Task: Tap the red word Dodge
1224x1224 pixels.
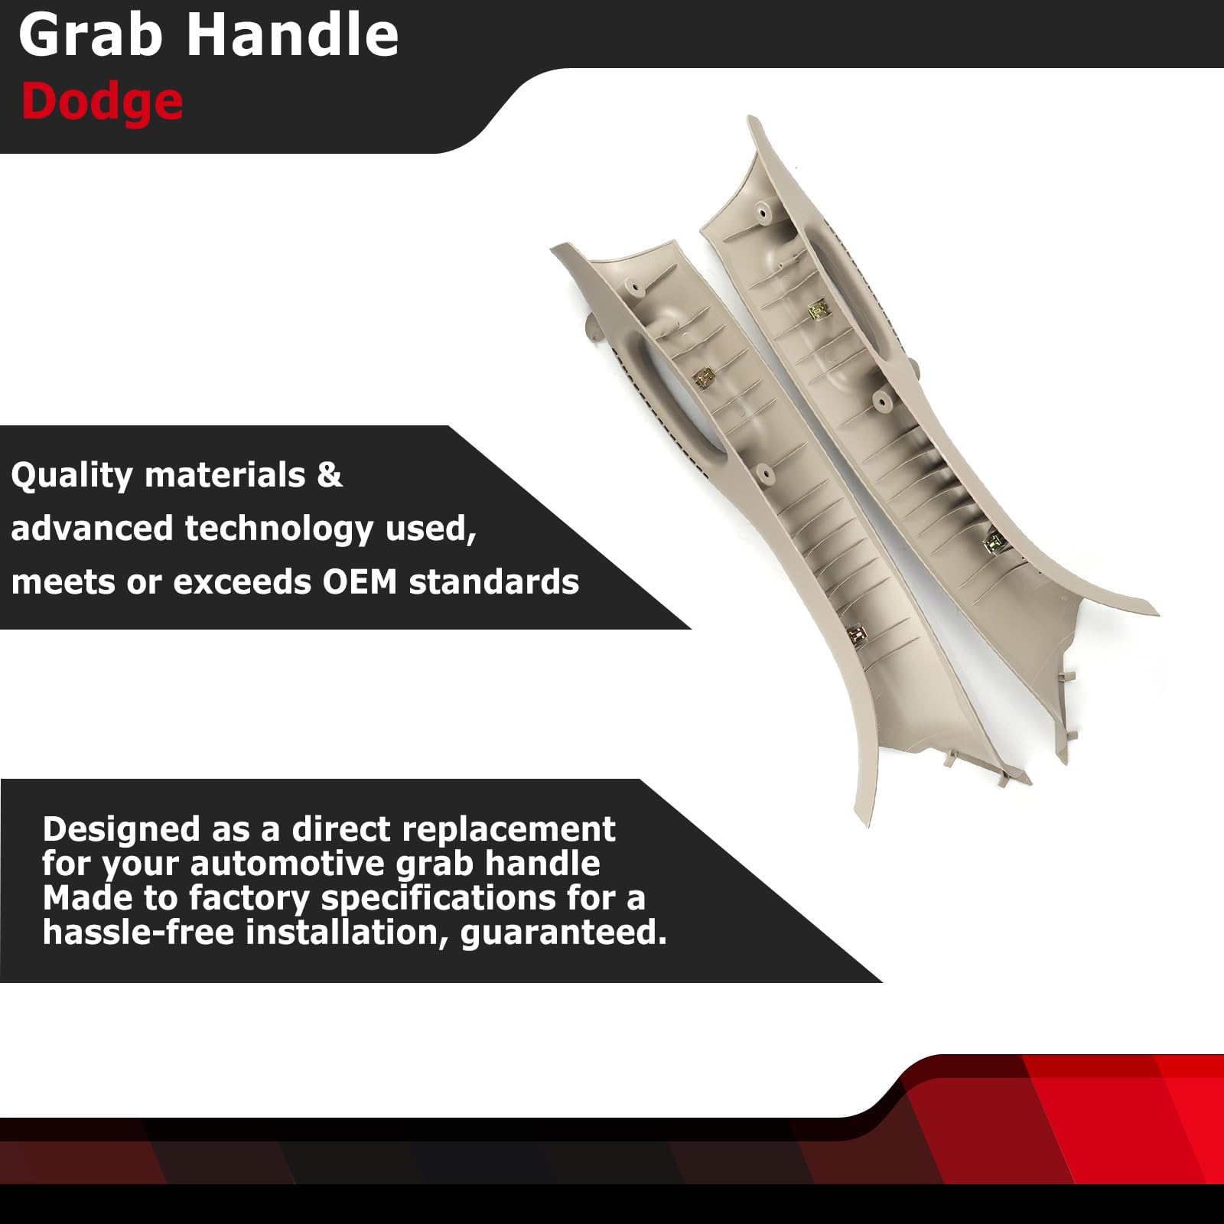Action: (x=103, y=103)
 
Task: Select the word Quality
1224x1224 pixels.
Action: (x=72, y=476)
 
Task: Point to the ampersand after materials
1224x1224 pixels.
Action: (x=330, y=475)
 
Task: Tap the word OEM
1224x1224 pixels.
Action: (x=360, y=582)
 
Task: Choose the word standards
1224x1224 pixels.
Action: (x=494, y=582)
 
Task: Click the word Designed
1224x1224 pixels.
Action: (x=121, y=831)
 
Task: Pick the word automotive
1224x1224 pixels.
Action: (x=288, y=864)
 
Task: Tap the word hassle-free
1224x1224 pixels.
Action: (x=138, y=933)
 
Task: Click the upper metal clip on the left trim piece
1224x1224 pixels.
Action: (x=704, y=378)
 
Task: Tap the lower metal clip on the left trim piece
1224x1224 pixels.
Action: (x=855, y=632)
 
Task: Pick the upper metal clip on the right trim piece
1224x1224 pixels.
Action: (x=819, y=309)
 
